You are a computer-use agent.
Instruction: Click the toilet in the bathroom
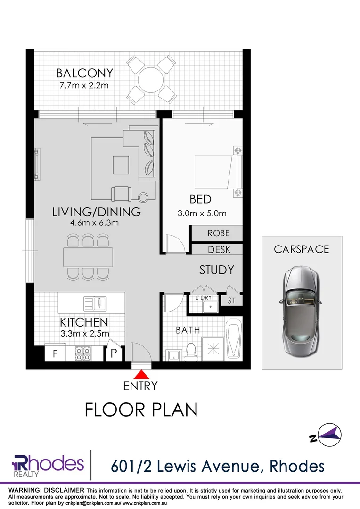[x=191, y=351]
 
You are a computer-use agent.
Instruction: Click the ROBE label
[x=219, y=233]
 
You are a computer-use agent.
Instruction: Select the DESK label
[x=219, y=249]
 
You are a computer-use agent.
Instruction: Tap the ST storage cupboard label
[x=231, y=300]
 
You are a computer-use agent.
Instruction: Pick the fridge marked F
[x=55, y=354]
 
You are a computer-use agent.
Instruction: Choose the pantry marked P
[x=115, y=354]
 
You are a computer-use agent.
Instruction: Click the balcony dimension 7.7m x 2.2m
[x=84, y=86]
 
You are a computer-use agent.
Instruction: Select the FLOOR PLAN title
[x=141, y=409]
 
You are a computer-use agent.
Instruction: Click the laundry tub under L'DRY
[x=207, y=307]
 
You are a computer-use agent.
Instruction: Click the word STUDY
[x=216, y=270]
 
